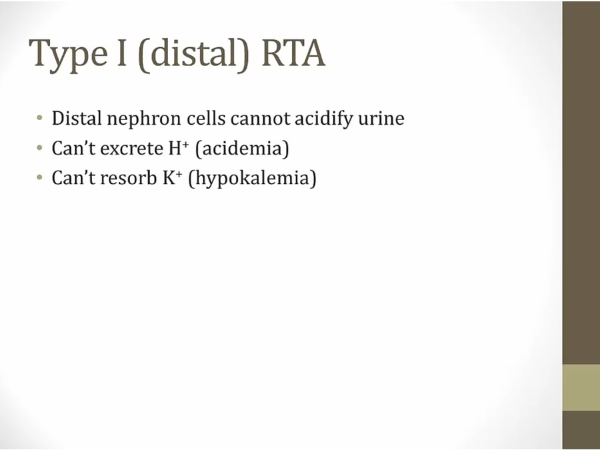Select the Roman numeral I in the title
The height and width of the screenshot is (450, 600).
121,53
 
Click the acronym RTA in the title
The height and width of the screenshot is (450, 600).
293,53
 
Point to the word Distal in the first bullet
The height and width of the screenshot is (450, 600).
77,118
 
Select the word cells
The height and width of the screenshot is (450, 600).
206,118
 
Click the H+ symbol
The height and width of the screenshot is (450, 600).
179,148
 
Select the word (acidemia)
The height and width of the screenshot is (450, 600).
242,149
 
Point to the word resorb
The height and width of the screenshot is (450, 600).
129,177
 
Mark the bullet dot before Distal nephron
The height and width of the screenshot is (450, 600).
39,118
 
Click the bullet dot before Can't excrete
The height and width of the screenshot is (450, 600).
39,148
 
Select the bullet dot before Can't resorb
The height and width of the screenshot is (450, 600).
39,177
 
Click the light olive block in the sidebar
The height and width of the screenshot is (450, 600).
581,387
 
